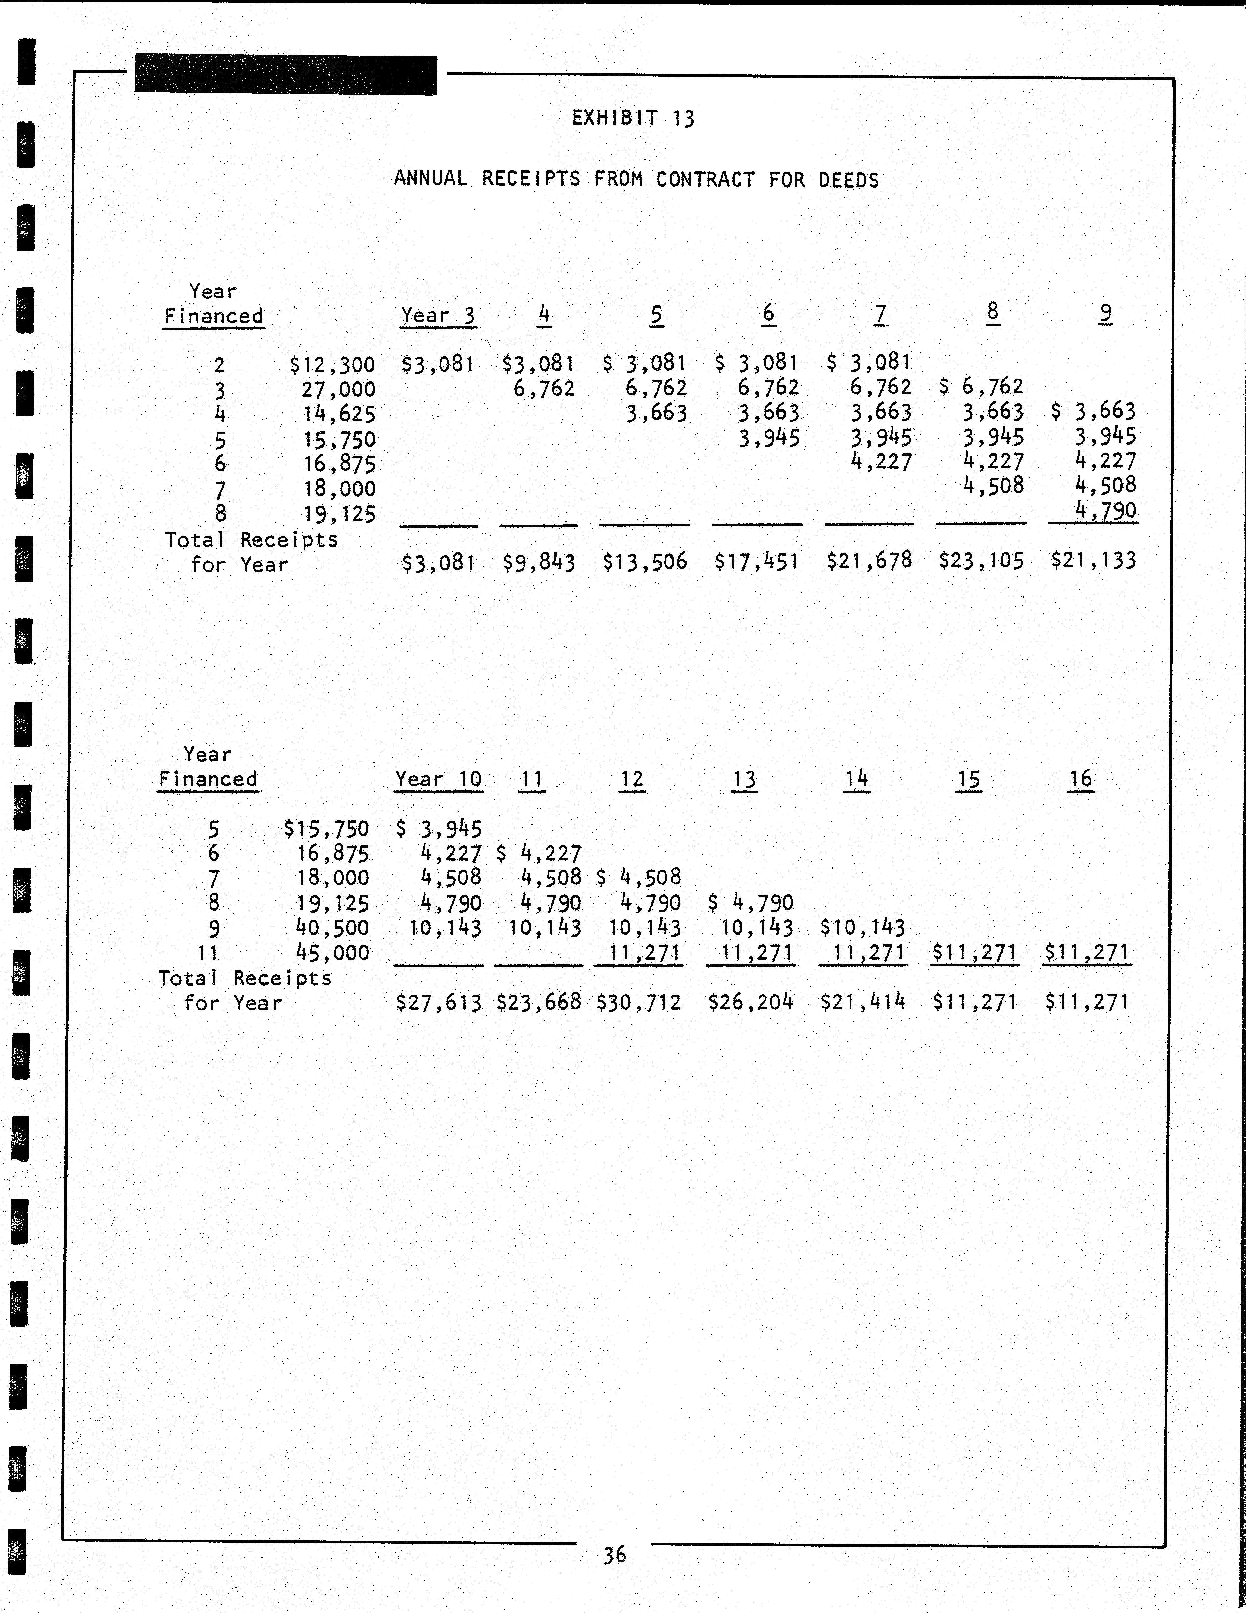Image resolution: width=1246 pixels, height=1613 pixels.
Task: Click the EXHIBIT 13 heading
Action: point(633,118)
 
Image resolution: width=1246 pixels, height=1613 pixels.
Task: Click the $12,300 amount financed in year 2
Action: point(332,365)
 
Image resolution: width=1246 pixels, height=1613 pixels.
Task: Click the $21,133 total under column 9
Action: point(1093,561)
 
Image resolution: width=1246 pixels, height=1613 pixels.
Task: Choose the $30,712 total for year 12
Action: point(638,1002)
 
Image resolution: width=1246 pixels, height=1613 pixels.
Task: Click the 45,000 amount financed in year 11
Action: point(332,953)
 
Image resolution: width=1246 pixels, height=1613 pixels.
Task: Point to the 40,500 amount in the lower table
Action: point(332,928)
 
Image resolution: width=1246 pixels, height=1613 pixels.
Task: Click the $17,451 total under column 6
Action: point(756,562)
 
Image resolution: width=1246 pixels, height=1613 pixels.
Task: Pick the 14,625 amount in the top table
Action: point(339,414)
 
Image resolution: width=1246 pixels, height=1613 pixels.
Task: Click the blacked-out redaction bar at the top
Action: point(285,75)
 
